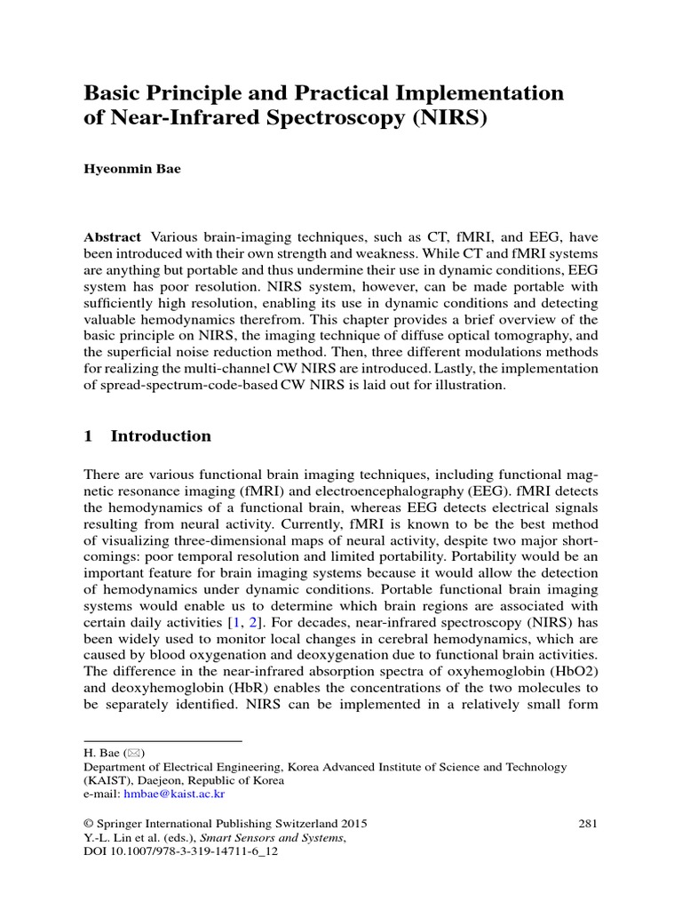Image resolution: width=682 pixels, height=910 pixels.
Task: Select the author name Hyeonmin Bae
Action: (131, 169)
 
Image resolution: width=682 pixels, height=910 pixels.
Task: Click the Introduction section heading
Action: (160, 436)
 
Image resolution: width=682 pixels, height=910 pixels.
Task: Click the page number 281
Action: (587, 823)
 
